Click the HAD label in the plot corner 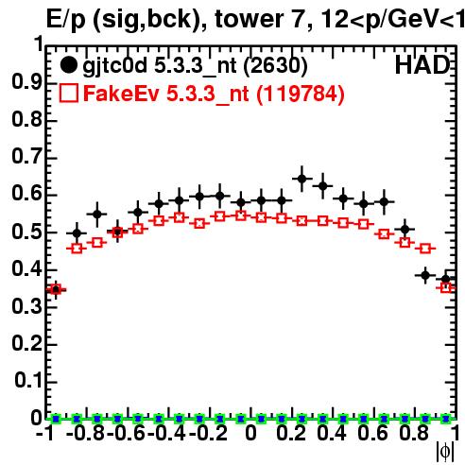click(x=422, y=65)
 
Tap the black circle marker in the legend click(x=68, y=65)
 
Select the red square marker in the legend click(x=68, y=93)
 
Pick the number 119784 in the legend click(x=301, y=94)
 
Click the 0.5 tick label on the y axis click(x=26, y=232)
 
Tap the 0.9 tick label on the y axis click(x=26, y=82)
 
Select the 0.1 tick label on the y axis click(x=27, y=381)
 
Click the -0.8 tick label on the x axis click(x=86, y=433)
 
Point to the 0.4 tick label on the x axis click(x=332, y=433)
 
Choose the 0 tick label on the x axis click(x=250, y=433)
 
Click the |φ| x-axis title click(x=445, y=452)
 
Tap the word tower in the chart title click(x=249, y=20)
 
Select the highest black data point click(x=301, y=179)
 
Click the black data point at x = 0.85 click(x=425, y=275)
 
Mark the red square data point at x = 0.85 click(x=425, y=249)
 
